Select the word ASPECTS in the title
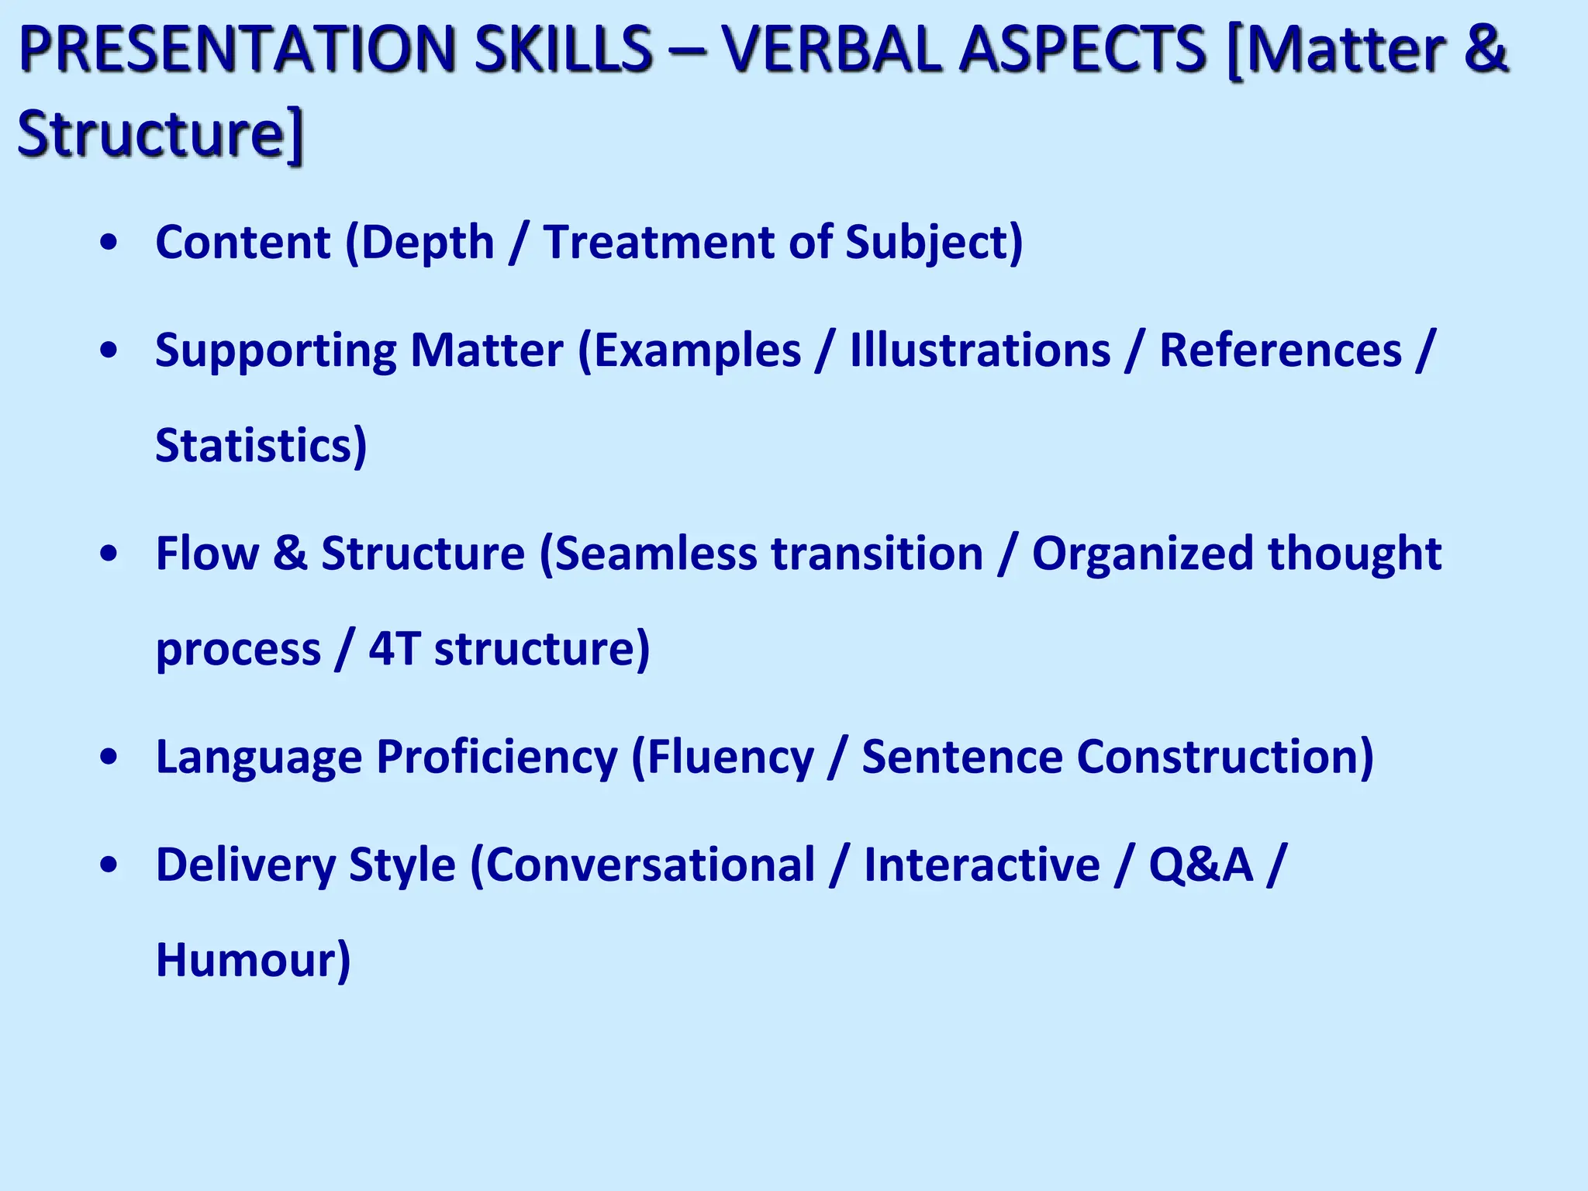click(1082, 49)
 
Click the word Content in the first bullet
click(243, 242)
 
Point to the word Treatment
click(658, 242)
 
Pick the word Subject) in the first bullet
click(934, 243)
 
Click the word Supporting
click(275, 351)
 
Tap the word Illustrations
click(980, 350)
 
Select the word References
click(1280, 350)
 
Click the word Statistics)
click(261, 446)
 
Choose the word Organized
click(1142, 555)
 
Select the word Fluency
click(730, 758)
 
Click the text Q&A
click(1200, 865)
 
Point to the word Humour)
click(253, 960)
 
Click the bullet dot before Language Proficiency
click(109, 758)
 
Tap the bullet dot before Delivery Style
click(109, 865)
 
